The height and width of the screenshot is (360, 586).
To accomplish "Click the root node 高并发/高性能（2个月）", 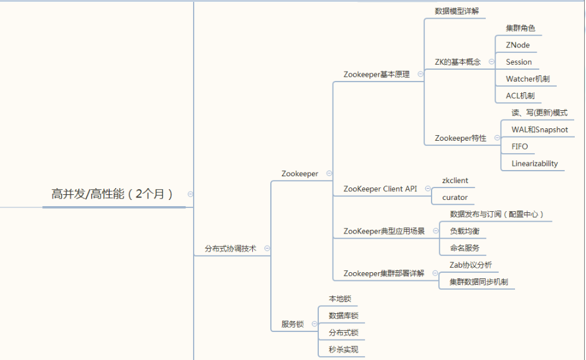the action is point(112,194).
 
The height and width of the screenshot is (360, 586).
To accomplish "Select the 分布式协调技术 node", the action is point(230,248).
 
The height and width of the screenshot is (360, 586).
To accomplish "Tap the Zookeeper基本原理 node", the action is point(376,74).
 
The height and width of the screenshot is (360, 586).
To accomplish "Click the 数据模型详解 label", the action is point(456,11).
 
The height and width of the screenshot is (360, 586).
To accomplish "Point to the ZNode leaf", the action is point(517,45).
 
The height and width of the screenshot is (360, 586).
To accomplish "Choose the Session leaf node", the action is point(519,62).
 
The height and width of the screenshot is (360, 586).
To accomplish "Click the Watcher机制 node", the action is point(527,79).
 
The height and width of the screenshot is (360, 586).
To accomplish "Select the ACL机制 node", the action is point(520,96).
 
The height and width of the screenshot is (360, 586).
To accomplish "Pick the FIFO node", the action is point(519,146).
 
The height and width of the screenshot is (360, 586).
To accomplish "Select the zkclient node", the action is point(455,181).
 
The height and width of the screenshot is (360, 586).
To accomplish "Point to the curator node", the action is point(455,197).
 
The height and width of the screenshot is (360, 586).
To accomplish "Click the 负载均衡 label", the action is point(465,231).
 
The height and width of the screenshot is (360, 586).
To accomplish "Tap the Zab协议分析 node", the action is point(470,265).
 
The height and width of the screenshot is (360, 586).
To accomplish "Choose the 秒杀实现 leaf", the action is point(343,349).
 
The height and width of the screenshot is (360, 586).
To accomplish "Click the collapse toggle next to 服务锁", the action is point(314,324).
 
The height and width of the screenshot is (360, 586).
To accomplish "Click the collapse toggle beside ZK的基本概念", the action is point(491,62).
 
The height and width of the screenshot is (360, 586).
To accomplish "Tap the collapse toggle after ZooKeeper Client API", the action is point(427,189).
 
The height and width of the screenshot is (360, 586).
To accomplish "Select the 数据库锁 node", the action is point(343,316).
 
